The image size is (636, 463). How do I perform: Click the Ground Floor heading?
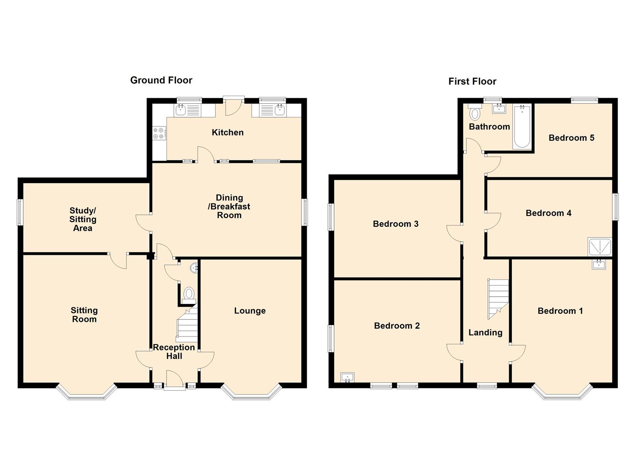[161, 80]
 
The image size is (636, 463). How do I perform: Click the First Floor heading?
[472, 81]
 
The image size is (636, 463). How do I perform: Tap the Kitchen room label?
[227, 132]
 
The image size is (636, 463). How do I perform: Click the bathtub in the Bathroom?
[522, 126]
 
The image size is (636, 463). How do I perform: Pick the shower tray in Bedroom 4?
[599, 247]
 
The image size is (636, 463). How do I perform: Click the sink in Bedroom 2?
[347, 377]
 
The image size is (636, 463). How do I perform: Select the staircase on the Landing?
[498, 299]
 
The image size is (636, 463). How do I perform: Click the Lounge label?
[250, 311]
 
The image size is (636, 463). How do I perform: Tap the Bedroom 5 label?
[571, 138]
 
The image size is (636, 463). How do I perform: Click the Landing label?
[485, 333]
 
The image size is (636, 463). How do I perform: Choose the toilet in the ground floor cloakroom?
[189, 296]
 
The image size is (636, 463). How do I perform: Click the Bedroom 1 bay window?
[562, 393]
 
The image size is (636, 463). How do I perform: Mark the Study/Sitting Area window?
[20, 212]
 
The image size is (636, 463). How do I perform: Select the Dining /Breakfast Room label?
[229, 206]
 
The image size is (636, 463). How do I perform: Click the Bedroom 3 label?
[395, 224]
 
